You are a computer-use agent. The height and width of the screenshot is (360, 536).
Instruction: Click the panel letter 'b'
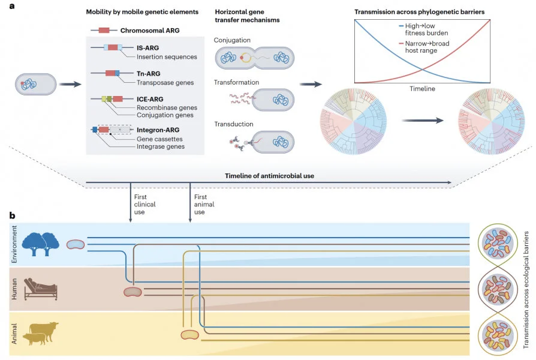tap(12, 214)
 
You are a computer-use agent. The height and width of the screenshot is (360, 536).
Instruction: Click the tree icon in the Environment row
tap(41, 244)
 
